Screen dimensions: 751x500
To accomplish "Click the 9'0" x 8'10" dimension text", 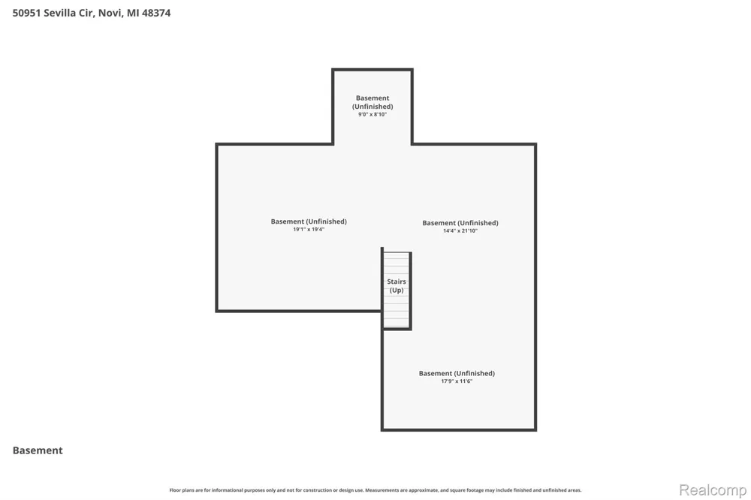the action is click(x=372, y=114).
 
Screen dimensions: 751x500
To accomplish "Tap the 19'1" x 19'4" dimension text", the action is click(x=309, y=230).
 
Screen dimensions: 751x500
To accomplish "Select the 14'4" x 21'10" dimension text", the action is click(x=460, y=230).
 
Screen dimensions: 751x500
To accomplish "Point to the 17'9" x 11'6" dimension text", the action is click(x=457, y=381).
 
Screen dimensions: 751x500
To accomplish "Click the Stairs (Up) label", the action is click(x=396, y=286).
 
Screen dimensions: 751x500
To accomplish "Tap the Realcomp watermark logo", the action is click(x=713, y=490).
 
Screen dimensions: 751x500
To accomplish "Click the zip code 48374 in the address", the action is click(x=156, y=13).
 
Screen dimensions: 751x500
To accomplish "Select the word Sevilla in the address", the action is click(x=60, y=13).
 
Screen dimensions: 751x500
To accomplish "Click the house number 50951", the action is click(x=27, y=13).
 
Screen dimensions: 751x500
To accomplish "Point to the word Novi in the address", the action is click(x=110, y=13).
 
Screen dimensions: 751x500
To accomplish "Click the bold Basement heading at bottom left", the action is click(x=38, y=450).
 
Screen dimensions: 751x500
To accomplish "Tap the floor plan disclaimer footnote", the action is click(x=375, y=490).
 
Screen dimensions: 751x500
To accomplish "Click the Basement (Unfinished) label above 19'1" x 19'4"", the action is click(x=309, y=221).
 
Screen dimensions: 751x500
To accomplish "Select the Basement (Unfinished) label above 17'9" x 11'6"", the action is click(x=457, y=373).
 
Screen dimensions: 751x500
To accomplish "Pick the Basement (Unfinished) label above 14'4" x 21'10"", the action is click(x=460, y=223).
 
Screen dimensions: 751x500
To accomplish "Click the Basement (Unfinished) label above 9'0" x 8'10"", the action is click(x=372, y=102).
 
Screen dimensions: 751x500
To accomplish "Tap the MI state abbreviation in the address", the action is click(x=133, y=13).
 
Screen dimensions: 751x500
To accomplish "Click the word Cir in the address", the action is click(x=86, y=13).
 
